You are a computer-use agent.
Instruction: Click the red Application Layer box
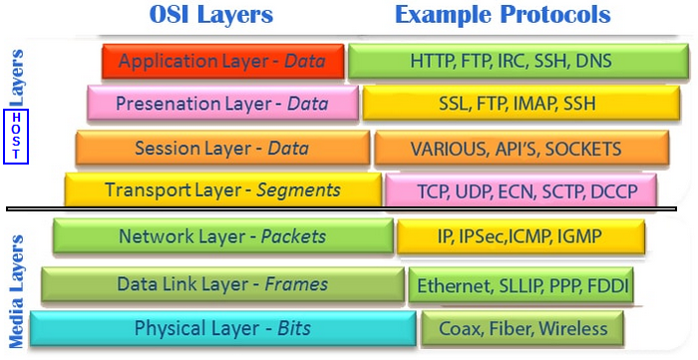(x=223, y=62)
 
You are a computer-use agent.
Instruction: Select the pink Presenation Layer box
(x=223, y=104)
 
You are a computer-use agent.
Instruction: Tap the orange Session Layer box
(x=222, y=148)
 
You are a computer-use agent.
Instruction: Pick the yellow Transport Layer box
(x=223, y=190)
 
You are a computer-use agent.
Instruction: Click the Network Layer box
(x=223, y=236)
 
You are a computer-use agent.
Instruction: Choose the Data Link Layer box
(x=223, y=284)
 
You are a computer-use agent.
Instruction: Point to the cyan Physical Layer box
(x=223, y=329)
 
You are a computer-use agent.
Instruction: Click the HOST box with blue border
(x=16, y=137)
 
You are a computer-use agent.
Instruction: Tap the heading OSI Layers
(x=211, y=14)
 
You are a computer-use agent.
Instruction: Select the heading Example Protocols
(x=503, y=14)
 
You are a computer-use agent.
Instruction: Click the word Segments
(x=299, y=190)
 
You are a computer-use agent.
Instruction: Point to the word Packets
(x=293, y=236)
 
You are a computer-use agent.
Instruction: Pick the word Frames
(x=296, y=284)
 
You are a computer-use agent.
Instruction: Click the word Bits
(x=294, y=329)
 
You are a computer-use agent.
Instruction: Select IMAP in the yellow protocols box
(x=535, y=104)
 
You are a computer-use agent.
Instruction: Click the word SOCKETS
(x=583, y=149)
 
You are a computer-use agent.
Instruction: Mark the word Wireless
(x=573, y=329)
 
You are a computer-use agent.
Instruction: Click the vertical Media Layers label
(x=16, y=292)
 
